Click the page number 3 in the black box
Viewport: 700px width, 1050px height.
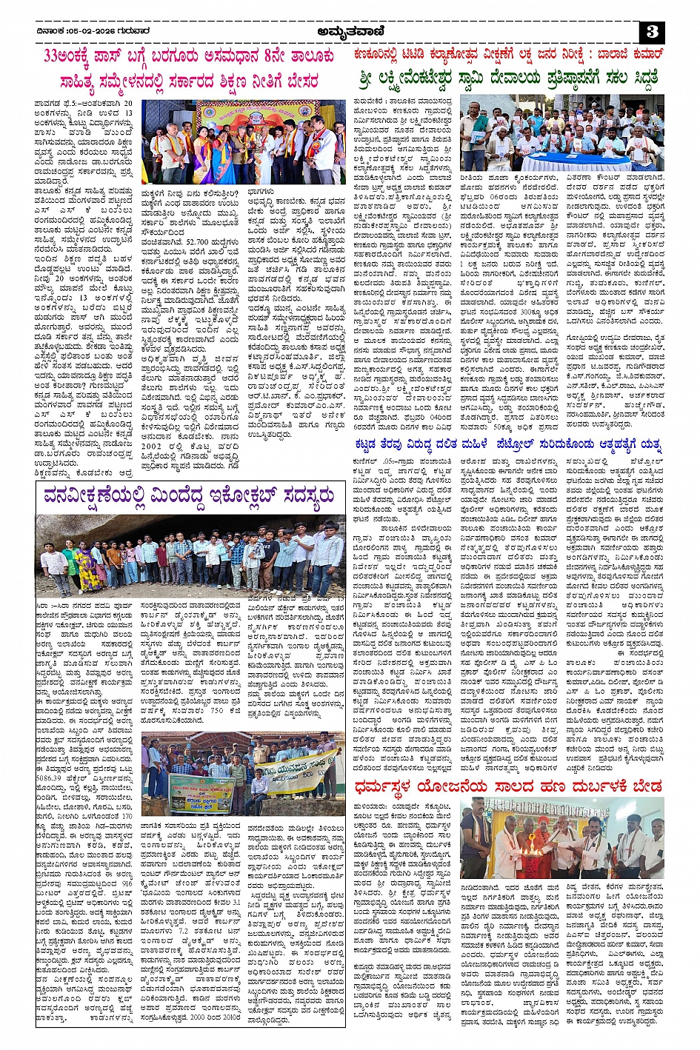tap(653, 32)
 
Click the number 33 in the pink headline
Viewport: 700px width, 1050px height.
tap(53, 56)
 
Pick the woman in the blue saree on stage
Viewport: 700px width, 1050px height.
tap(221, 156)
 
